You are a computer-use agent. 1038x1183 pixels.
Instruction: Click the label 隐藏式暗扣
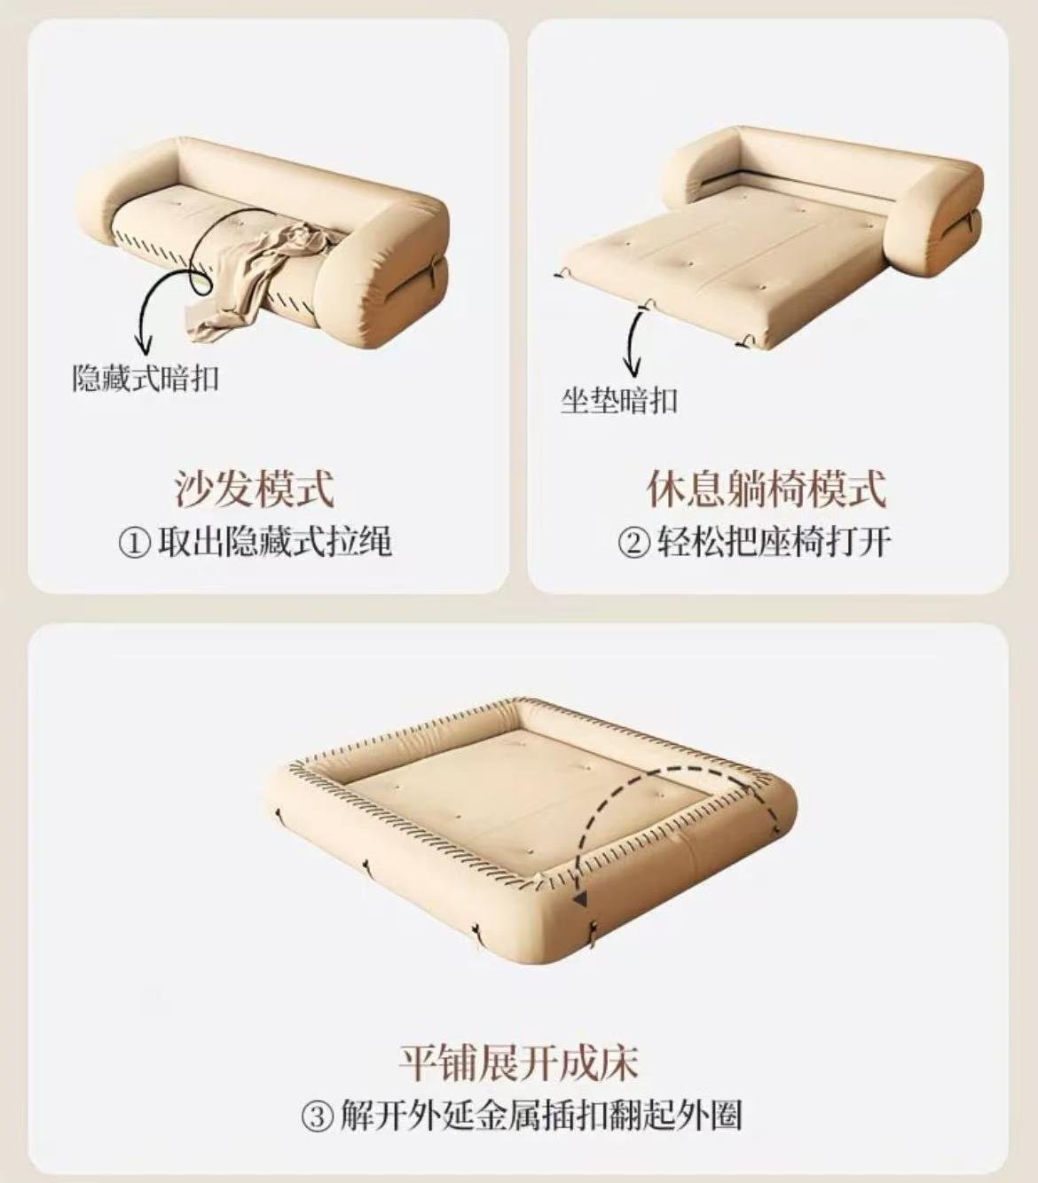(x=145, y=379)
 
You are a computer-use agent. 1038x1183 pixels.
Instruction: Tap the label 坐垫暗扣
(x=619, y=401)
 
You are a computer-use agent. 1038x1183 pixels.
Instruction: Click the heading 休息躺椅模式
(x=767, y=489)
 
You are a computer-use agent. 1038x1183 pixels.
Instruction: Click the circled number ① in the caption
(x=134, y=544)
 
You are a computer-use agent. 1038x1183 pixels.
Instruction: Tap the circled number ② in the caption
(x=633, y=544)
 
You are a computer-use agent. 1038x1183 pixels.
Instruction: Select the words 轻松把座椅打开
(x=774, y=544)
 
